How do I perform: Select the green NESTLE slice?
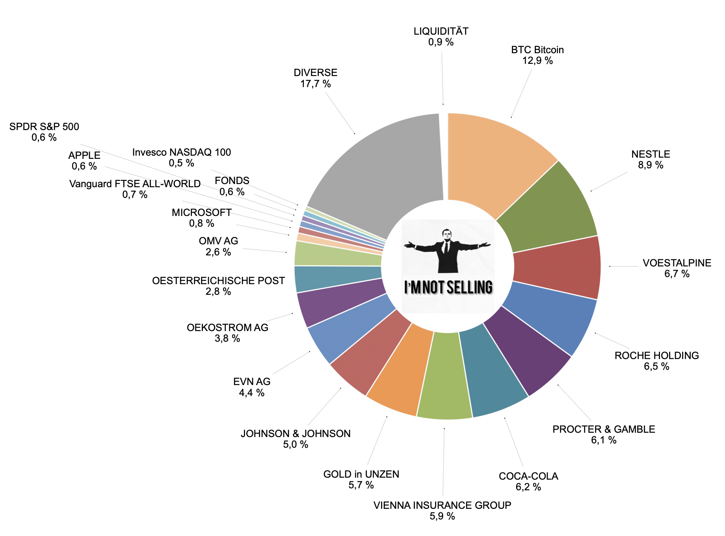pos(552,209)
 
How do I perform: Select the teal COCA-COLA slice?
pos(493,374)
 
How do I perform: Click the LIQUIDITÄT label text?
pos(441,31)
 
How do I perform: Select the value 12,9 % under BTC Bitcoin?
pos(537,61)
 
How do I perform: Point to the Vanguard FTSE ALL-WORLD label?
pos(135,184)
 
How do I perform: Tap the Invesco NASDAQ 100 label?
pos(182,152)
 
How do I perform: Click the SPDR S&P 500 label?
pos(44,127)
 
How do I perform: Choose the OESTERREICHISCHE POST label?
pos(218,281)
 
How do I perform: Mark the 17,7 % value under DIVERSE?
pos(315,84)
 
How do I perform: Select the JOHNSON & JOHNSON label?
pos(296,434)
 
